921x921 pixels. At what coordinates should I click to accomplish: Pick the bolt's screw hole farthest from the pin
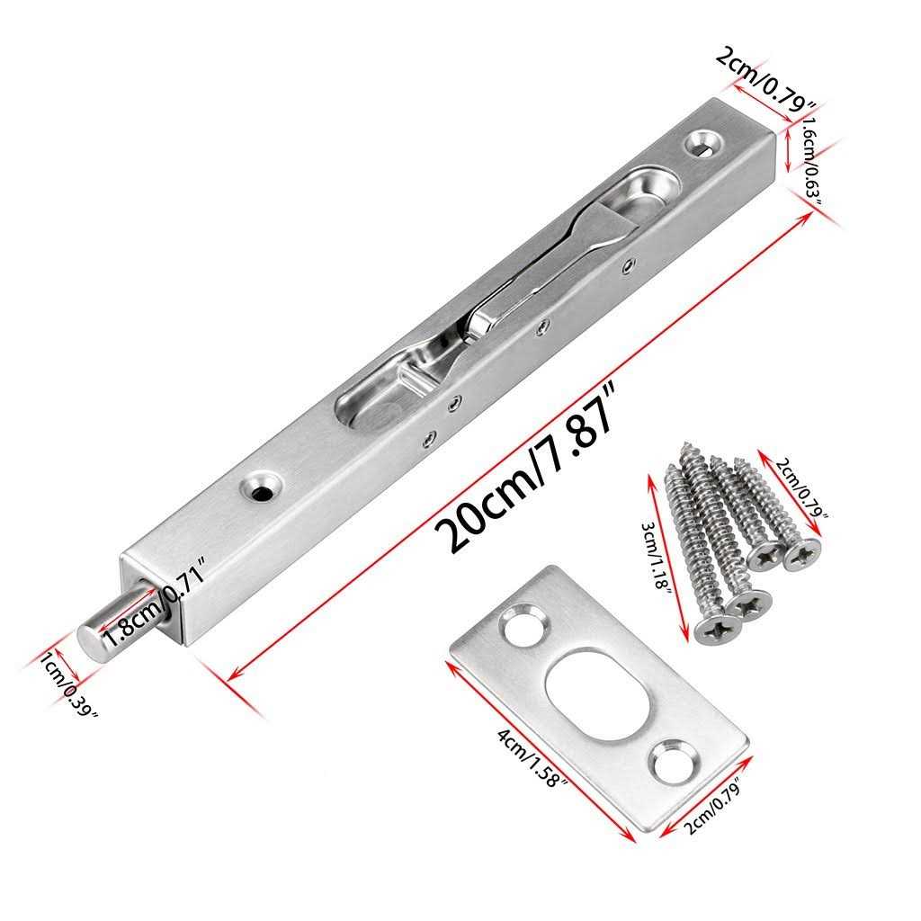click(x=703, y=141)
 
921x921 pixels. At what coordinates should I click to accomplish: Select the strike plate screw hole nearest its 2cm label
click(x=673, y=761)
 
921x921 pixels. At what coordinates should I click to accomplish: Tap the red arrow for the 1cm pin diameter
click(x=60, y=661)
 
